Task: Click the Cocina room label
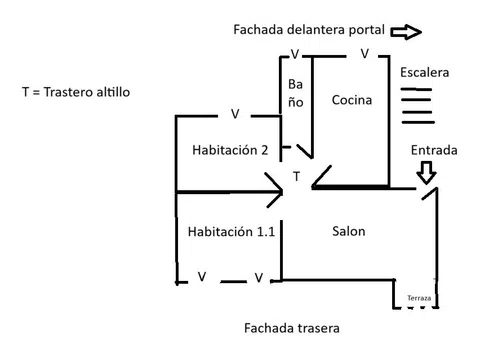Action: (352, 100)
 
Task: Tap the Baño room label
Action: (296, 93)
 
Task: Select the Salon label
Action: (349, 231)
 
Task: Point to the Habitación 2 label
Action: (230, 150)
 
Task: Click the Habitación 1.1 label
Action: (231, 231)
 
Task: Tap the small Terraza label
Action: (419, 298)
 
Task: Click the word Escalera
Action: (424, 72)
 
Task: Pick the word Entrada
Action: (434, 150)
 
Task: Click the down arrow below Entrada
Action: (426, 173)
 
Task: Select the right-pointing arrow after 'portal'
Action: (406, 32)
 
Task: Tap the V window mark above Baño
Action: (295, 54)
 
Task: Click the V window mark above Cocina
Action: (365, 53)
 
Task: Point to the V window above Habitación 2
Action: (235, 114)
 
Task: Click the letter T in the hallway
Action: (296, 176)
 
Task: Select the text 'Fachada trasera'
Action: (292, 328)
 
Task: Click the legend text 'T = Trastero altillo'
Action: (76, 92)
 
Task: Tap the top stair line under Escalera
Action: (416, 89)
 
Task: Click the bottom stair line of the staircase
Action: (418, 122)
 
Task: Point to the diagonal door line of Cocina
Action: (322, 176)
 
